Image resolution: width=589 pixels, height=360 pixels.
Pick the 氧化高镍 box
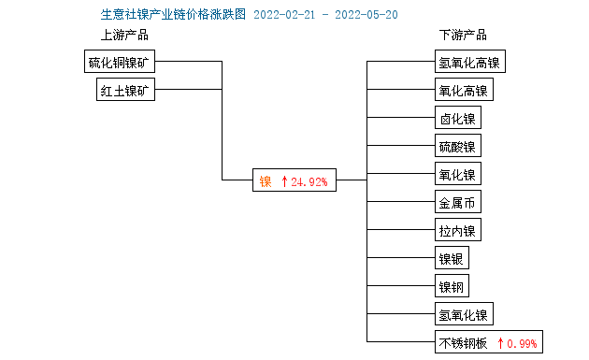463,91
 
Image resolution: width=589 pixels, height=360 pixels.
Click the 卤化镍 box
457,119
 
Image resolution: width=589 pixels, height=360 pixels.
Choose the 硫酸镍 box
457,147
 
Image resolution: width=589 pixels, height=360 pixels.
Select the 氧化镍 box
457,175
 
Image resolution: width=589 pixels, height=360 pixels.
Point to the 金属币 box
457,203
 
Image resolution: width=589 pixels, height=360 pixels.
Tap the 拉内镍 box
457,231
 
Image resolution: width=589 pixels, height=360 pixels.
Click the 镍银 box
452,259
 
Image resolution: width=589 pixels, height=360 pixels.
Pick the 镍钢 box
452,287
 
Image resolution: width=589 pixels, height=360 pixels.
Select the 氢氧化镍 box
463,315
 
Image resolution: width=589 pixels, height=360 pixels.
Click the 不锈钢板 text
463,343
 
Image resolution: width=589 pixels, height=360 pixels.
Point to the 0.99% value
522,343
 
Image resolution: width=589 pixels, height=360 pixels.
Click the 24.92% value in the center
309,182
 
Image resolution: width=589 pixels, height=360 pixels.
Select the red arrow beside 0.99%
500,343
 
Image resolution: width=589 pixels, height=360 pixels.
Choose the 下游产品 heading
463,36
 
